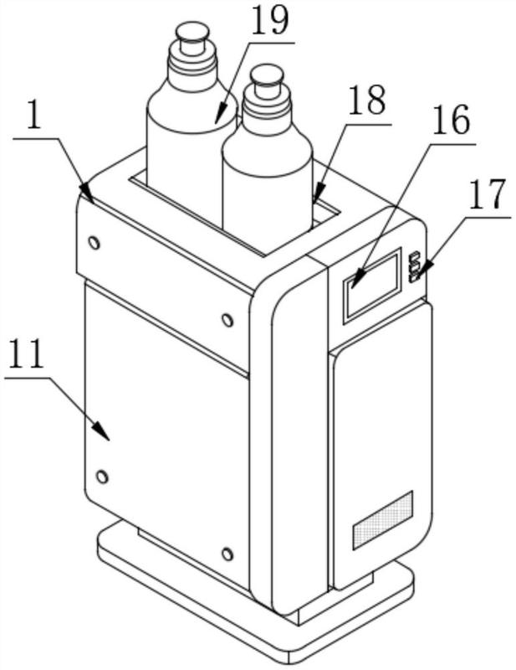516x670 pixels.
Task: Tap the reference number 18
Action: (x=367, y=100)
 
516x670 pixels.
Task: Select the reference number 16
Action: (x=451, y=121)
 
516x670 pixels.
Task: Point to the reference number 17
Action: (x=487, y=195)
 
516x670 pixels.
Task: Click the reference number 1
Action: (x=33, y=116)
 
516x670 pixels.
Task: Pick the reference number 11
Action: (x=27, y=353)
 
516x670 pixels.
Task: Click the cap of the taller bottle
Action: (x=193, y=38)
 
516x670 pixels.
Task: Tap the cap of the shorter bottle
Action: (x=267, y=80)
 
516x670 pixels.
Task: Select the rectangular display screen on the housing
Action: (x=372, y=285)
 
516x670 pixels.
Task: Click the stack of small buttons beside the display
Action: (x=415, y=267)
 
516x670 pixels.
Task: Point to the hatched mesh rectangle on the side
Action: (x=383, y=520)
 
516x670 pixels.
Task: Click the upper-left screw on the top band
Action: (x=94, y=243)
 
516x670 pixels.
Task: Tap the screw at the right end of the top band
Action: (x=227, y=320)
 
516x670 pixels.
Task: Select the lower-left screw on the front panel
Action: (x=101, y=476)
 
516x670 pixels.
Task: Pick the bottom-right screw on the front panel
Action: (x=227, y=554)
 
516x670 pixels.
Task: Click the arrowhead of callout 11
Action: (x=102, y=430)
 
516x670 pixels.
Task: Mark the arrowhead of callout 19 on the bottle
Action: (x=221, y=113)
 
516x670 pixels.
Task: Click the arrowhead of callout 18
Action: (x=318, y=193)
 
